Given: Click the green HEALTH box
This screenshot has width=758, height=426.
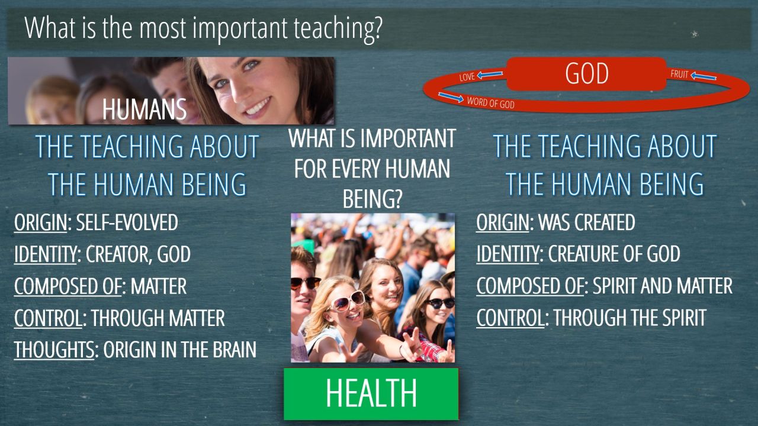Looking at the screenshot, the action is point(371,394).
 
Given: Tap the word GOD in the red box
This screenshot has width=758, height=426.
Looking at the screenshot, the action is point(587,73).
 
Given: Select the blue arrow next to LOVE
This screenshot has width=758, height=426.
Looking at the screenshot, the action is point(490,74).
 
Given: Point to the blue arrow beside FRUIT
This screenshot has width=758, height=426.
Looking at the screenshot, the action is point(704,76).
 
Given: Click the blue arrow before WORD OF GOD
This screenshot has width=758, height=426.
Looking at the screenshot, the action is point(451,96).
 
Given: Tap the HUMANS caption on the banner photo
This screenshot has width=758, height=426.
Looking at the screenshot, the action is point(144,109).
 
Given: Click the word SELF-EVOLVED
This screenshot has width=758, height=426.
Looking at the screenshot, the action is point(127,222).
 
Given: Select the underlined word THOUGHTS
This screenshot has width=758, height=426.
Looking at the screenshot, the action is point(54,350).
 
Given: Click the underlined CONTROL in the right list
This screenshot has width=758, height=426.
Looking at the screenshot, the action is point(510,318).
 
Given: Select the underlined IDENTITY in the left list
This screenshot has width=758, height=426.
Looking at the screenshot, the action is point(46,254).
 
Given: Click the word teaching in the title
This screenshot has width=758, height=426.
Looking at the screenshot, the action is point(338,29).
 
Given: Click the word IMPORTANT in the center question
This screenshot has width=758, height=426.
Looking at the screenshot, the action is point(409,138).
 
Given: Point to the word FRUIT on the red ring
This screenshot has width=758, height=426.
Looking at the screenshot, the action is point(679,75).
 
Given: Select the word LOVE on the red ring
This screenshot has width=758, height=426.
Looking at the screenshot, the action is point(467,77).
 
